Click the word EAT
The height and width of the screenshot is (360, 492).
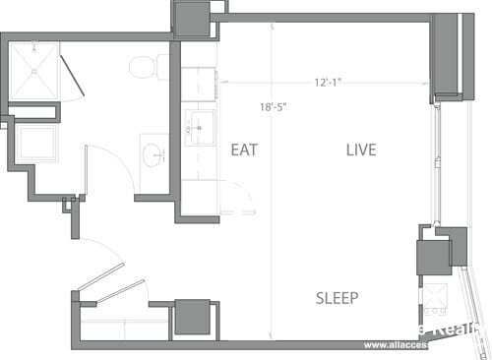pos(244,150)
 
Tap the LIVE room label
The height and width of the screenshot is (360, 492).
pos(361,150)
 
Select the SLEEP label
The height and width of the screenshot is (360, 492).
pos(337,298)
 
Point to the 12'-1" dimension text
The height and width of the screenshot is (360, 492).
pos(329,82)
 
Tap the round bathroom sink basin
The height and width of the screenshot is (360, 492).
pos(153,155)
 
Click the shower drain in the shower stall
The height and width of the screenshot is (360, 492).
pos(34,71)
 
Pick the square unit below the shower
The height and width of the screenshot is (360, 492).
pos(35,145)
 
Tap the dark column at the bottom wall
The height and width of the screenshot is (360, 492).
pos(192,318)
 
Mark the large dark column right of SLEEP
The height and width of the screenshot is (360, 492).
pos(433,257)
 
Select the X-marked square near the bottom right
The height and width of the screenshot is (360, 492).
pos(434,296)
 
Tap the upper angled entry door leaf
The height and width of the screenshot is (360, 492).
pos(100,276)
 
